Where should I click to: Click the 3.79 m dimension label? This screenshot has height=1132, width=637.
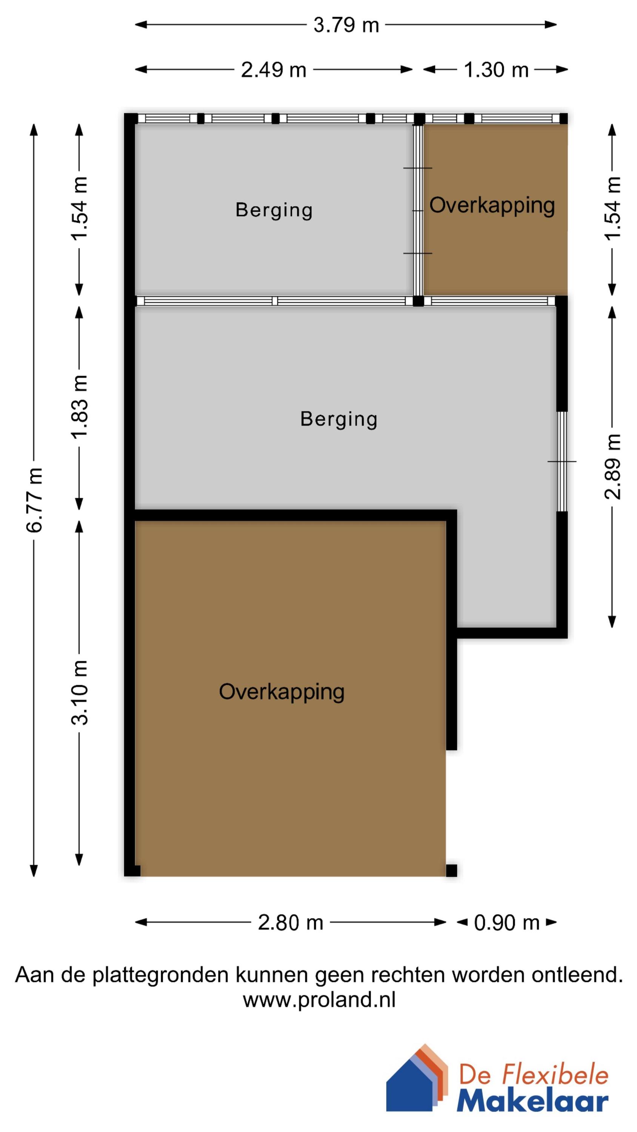[x=346, y=25]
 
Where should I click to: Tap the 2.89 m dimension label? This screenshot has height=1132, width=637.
[x=613, y=467]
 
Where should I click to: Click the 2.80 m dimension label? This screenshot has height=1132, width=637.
[x=290, y=922]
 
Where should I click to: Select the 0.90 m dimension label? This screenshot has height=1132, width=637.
[x=506, y=922]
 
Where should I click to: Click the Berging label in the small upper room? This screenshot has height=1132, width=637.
[x=274, y=210]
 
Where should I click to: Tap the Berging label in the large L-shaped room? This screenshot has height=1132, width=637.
[x=339, y=419]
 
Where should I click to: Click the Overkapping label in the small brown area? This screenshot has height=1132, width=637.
[x=492, y=205]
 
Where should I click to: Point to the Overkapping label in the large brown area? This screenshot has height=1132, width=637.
[x=282, y=692]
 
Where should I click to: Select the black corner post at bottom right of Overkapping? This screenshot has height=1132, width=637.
[x=451, y=871]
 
